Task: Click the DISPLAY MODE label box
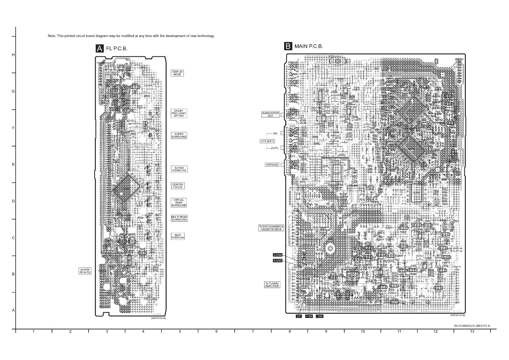click(x=177, y=73)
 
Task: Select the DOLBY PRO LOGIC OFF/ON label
click(x=179, y=113)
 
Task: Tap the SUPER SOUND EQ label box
click(x=179, y=169)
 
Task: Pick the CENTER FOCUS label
click(x=178, y=186)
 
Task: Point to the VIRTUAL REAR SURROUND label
click(x=179, y=203)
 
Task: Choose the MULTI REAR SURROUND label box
click(x=179, y=218)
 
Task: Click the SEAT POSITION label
click(x=178, y=236)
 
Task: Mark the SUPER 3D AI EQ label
click(x=85, y=271)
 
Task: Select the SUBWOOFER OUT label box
click(x=270, y=114)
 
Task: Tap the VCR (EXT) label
click(x=267, y=141)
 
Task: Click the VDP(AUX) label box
click(x=272, y=165)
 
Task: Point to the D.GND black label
click(x=277, y=255)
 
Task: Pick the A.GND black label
click(x=277, y=260)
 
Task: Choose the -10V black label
click(x=319, y=316)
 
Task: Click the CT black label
click(x=299, y=316)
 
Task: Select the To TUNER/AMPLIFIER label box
click(x=272, y=285)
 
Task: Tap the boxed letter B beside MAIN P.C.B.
click(x=288, y=46)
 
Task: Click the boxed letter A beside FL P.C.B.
click(x=99, y=48)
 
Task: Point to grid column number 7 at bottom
click(x=253, y=332)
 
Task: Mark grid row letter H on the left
click(x=13, y=55)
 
